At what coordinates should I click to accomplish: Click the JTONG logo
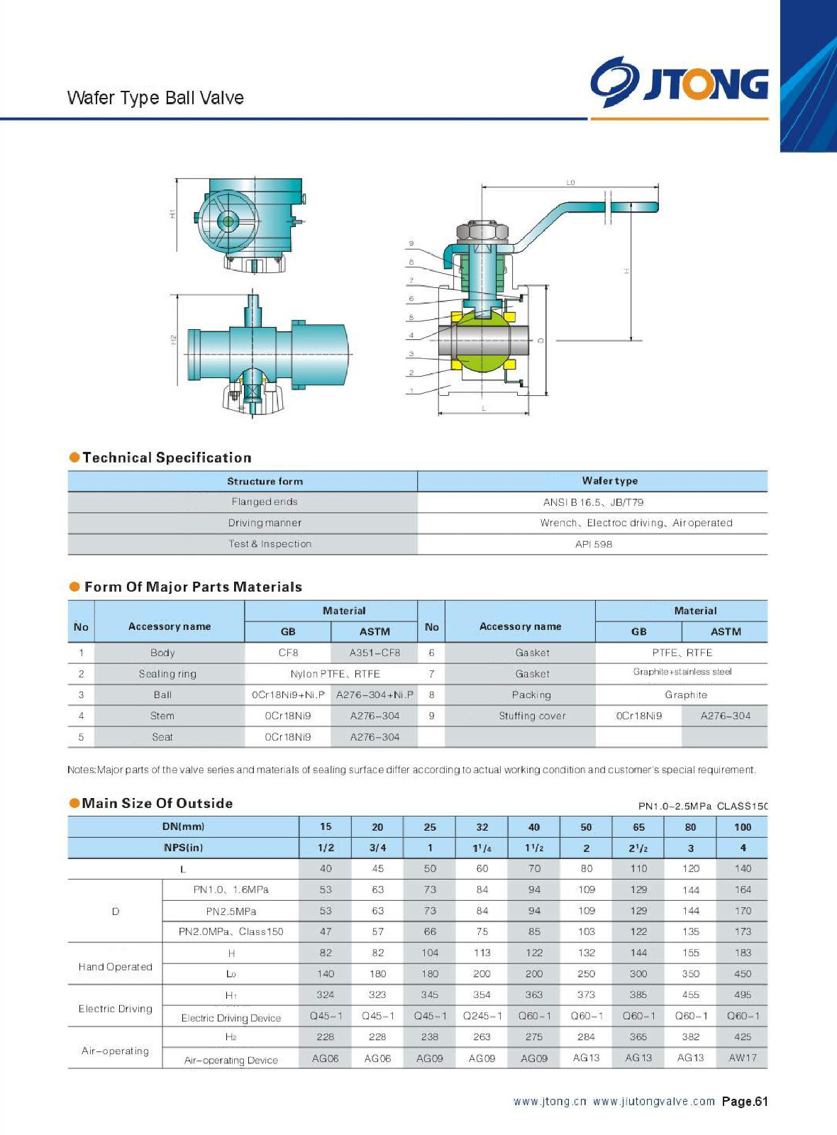pyautogui.click(x=679, y=82)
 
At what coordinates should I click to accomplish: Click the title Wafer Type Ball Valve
pyautogui.click(x=155, y=98)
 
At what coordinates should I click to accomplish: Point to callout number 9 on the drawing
pyautogui.click(x=411, y=244)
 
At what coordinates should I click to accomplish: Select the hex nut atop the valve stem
pyautogui.click(x=484, y=231)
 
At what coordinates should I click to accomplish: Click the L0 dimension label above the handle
pyautogui.click(x=570, y=182)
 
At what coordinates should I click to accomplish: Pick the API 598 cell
pyautogui.click(x=593, y=544)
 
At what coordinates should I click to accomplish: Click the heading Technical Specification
pyautogui.click(x=167, y=458)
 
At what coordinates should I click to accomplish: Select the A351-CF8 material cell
pyautogui.click(x=375, y=653)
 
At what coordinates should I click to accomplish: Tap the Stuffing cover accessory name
pyautogui.click(x=532, y=716)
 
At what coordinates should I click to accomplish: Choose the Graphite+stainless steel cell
pyautogui.click(x=682, y=672)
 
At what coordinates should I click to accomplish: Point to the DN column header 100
pyautogui.click(x=742, y=827)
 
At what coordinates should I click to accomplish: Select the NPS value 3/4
pyautogui.click(x=377, y=848)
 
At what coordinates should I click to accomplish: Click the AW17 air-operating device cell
pyautogui.click(x=742, y=1058)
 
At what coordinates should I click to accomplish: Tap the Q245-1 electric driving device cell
pyautogui.click(x=482, y=1016)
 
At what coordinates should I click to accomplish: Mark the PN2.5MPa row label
pyautogui.click(x=231, y=911)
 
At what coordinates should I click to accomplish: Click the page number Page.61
pyautogui.click(x=744, y=1102)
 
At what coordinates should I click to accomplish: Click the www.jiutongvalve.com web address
pyautogui.click(x=653, y=1102)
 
